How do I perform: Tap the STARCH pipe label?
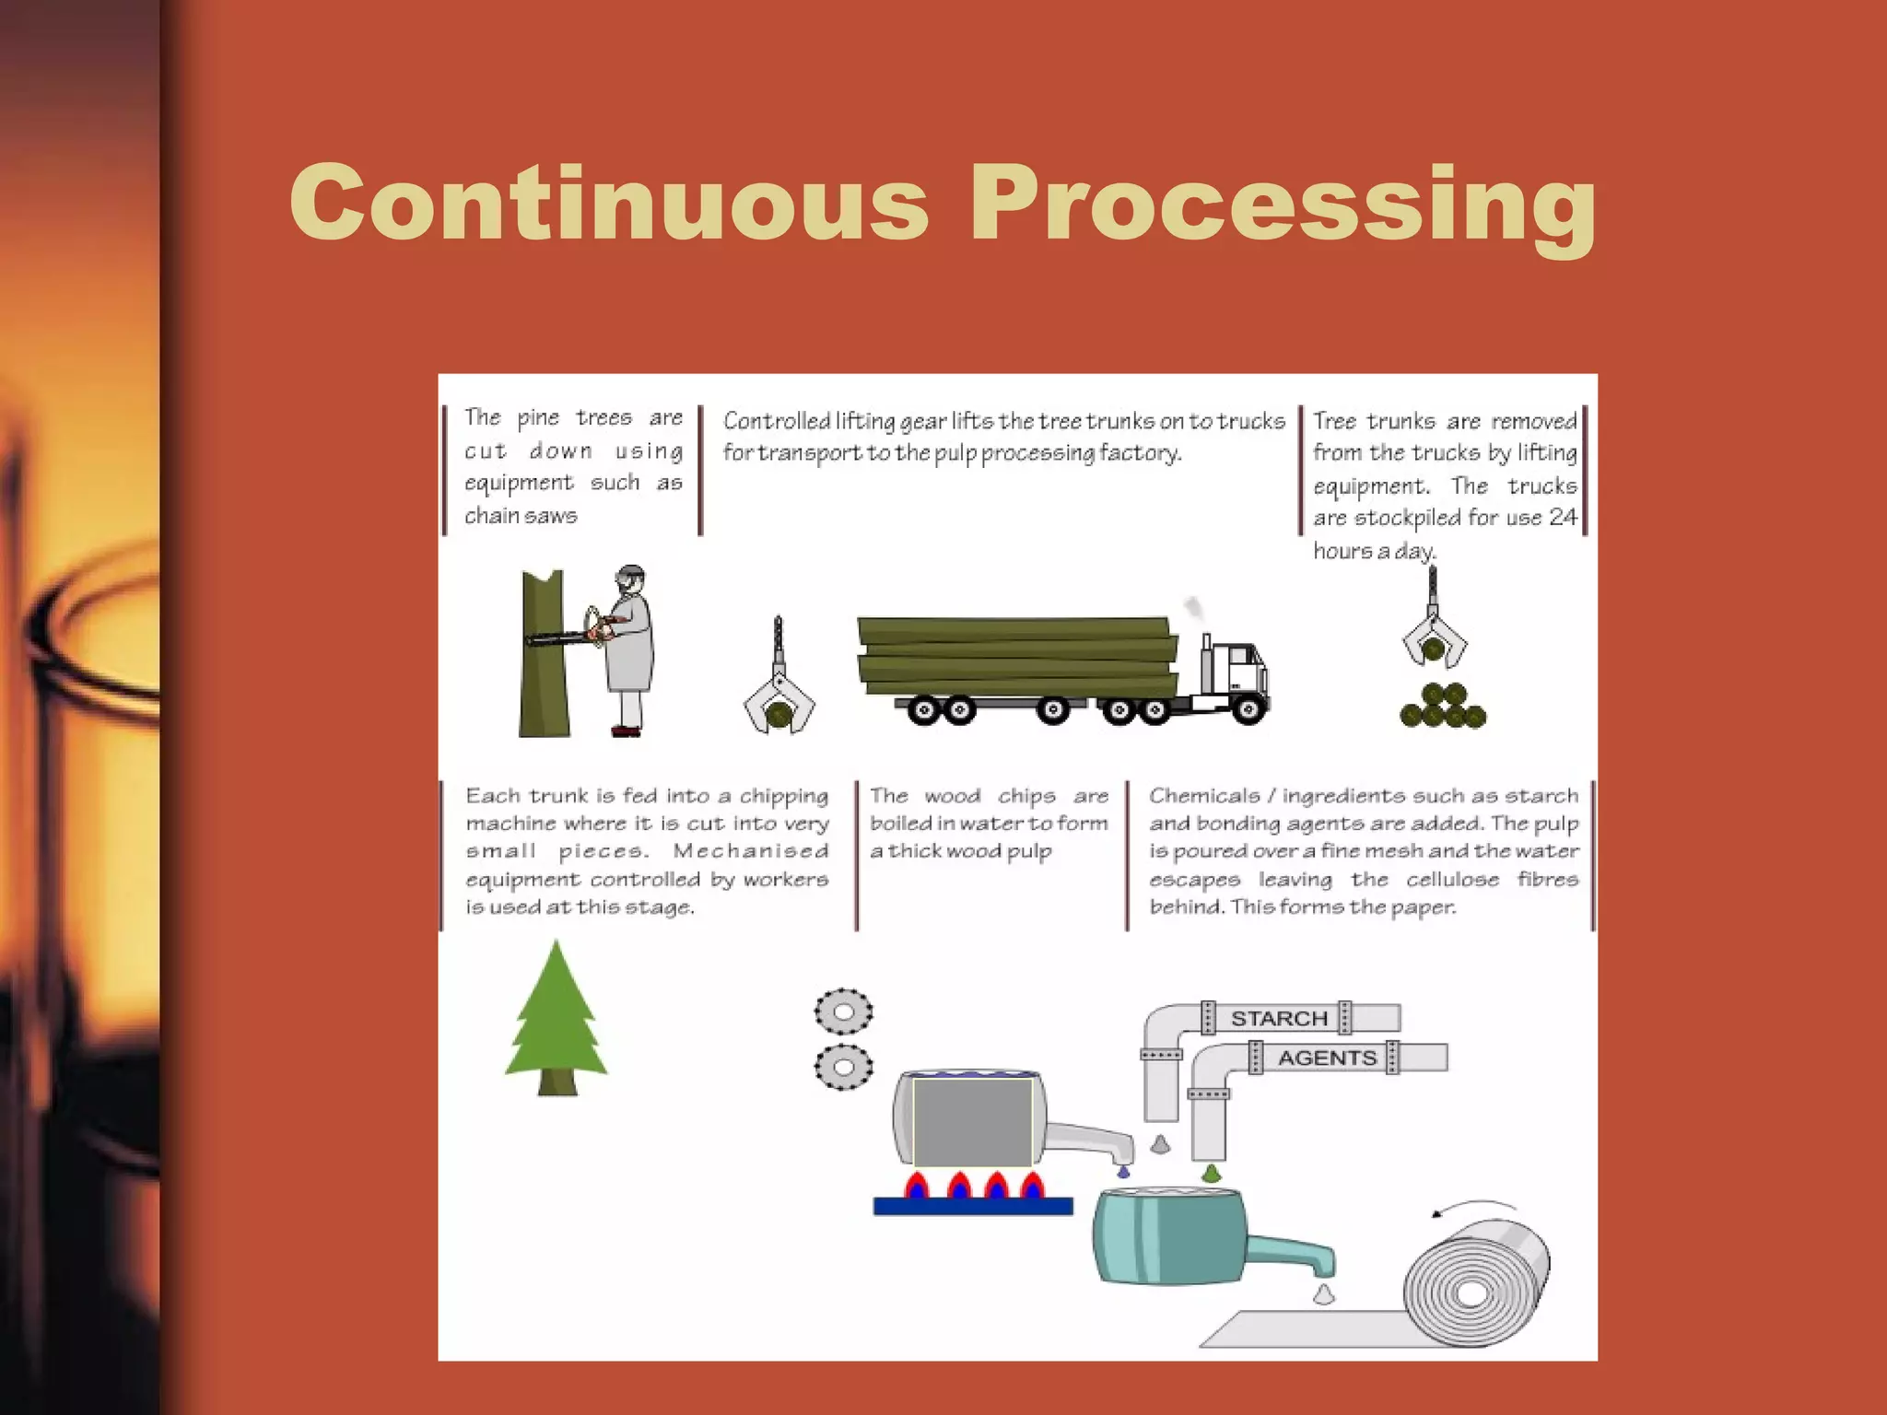point(1279,1018)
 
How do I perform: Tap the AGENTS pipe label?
point(1326,1058)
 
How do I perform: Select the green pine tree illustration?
point(556,1018)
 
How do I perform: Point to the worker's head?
point(630,580)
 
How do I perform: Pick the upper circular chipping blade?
point(843,1012)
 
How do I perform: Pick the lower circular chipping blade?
point(843,1067)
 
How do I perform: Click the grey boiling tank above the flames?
point(972,1120)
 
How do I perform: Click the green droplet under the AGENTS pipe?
point(1212,1173)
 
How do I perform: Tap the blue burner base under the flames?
point(972,1205)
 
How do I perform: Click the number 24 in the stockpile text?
point(1563,517)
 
